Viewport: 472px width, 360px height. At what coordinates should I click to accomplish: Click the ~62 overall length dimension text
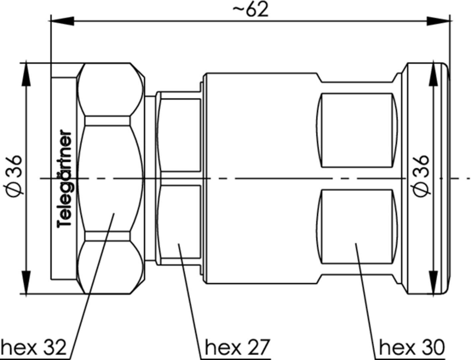[250, 10]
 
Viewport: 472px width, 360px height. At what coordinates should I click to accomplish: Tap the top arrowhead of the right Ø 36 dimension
[433, 75]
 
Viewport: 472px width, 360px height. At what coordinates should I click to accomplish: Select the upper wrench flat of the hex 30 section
[357, 130]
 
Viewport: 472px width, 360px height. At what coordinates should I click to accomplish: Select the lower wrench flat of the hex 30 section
[357, 226]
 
